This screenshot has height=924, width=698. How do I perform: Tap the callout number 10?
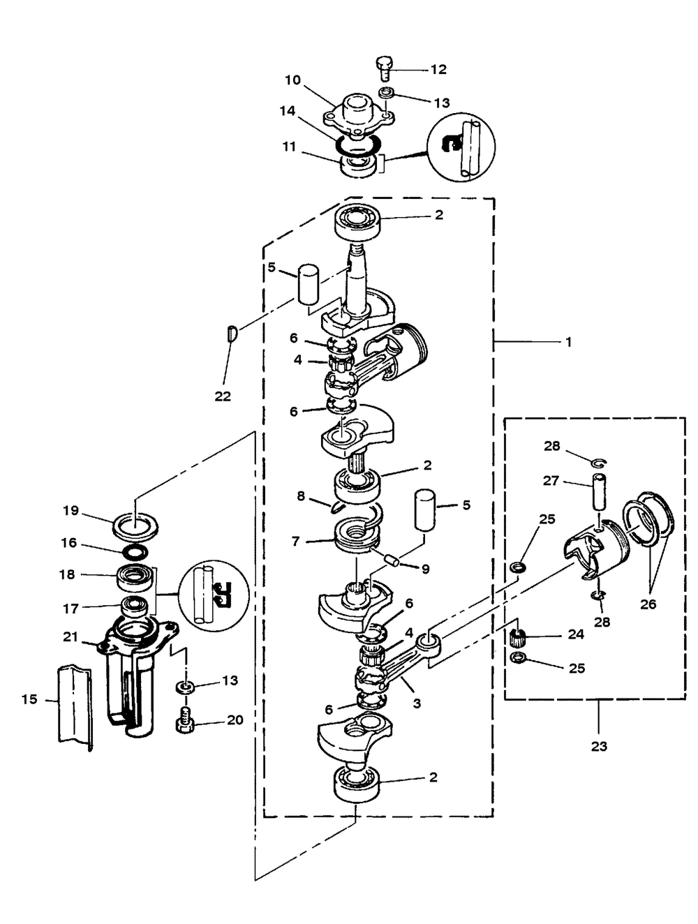coord(293,80)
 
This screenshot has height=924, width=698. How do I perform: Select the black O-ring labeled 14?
coord(358,144)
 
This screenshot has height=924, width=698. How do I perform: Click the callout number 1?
coord(568,342)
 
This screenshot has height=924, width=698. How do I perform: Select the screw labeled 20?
coord(184,722)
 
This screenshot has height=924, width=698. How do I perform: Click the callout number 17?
coord(70,609)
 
